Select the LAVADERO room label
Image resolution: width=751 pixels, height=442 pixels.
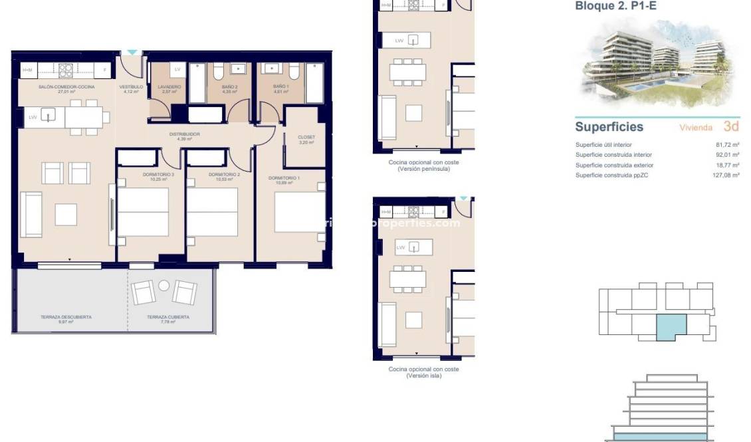coord(169,87)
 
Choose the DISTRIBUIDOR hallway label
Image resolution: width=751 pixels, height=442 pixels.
coord(184,134)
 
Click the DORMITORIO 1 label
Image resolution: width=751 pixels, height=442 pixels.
coord(284,178)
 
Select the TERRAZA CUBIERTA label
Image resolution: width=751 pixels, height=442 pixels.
coord(168,317)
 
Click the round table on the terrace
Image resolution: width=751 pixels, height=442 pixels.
coord(164,286)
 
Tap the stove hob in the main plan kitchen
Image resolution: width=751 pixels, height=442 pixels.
coord(65,69)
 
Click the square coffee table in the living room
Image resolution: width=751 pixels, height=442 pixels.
coord(66,214)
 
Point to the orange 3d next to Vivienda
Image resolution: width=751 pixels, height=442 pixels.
coord(731,126)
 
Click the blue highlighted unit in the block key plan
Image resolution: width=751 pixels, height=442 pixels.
coord(671,328)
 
